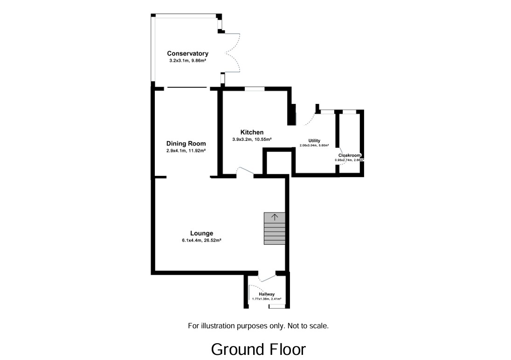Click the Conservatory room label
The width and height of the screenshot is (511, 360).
click(187, 54)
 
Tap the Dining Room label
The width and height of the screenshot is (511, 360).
click(186, 144)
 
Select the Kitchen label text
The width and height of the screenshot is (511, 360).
click(252, 132)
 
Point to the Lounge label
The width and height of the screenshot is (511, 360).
click(201, 233)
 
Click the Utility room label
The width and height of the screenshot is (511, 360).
click(314, 140)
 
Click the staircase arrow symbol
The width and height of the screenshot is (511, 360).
click(275, 217)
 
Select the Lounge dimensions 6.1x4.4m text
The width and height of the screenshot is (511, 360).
click(201, 241)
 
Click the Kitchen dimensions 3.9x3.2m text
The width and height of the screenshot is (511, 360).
click(252, 139)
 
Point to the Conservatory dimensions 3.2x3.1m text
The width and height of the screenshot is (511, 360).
click(187, 61)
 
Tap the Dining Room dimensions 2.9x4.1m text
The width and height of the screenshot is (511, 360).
click(186, 151)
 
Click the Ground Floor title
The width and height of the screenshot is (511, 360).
click(258, 349)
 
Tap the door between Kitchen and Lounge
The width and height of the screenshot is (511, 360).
click(245, 173)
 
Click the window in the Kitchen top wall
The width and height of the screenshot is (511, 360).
click(255, 88)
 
